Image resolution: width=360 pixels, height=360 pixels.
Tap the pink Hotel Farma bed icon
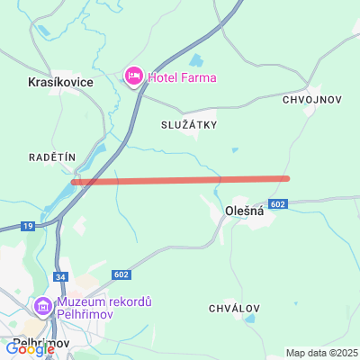click(133, 77)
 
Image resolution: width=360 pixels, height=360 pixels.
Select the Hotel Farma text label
click(182, 77)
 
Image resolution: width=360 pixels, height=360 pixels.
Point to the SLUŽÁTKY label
click(189, 124)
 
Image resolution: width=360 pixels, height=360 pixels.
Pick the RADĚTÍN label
click(51, 157)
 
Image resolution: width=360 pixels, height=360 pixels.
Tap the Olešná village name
click(243, 212)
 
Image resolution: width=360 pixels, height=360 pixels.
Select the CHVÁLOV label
click(234, 308)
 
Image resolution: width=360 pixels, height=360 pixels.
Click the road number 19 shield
click(28, 225)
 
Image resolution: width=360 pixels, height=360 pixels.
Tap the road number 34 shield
click(62, 277)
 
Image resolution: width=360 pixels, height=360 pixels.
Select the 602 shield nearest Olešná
click(278, 204)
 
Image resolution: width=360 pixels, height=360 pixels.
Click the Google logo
click(30, 349)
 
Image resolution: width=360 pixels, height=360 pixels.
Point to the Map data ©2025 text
click(322, 352)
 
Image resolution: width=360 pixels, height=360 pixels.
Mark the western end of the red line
click(74, 182)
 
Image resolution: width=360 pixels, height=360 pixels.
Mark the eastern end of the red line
click(288, 178)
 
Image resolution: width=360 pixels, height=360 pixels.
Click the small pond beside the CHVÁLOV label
click(249, 318)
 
